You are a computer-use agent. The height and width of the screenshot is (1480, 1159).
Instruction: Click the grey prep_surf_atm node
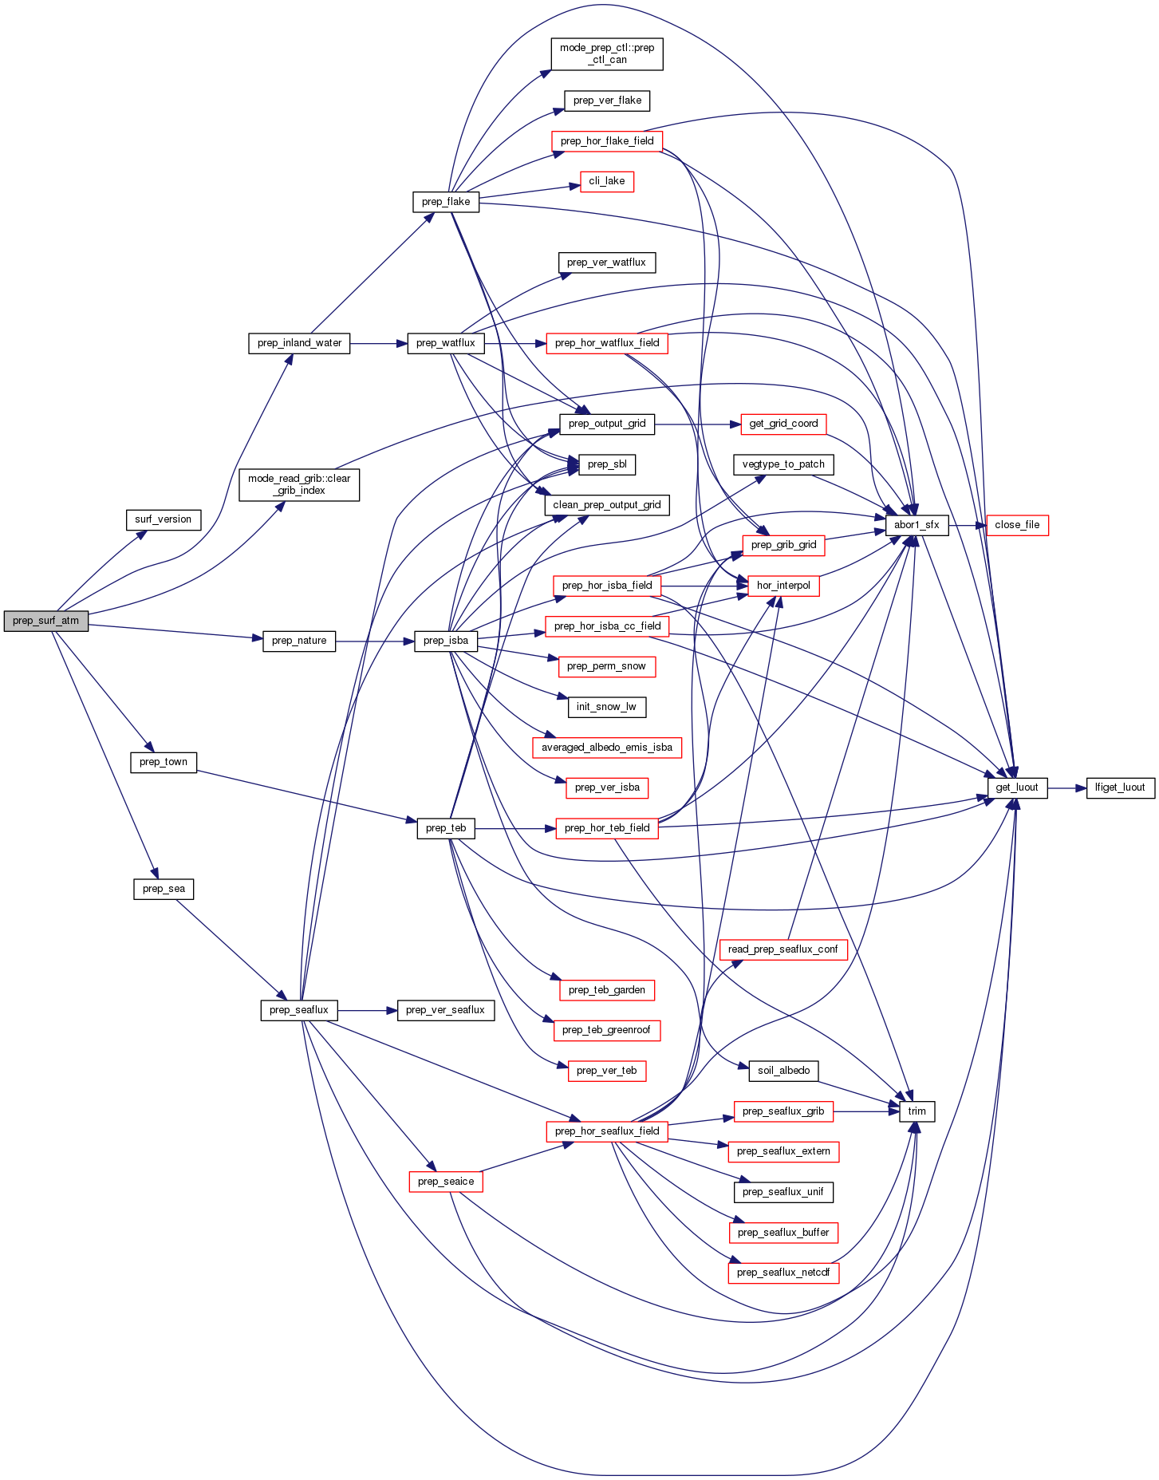(45, 621)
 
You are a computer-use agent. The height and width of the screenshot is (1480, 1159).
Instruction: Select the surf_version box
(163, 519)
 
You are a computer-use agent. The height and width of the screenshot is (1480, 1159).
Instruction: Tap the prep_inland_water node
(299, 343)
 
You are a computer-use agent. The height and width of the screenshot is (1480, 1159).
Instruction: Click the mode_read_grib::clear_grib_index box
(299, 484)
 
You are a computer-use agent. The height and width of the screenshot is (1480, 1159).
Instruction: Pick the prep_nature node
(299, 641)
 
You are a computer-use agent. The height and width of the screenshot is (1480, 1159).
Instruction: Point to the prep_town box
(163, 762)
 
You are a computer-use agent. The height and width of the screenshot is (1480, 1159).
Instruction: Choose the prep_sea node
(163, 889)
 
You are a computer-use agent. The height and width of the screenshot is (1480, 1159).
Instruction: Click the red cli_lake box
(606, 181)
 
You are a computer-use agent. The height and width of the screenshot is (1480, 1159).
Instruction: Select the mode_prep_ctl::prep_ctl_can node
(606, 53)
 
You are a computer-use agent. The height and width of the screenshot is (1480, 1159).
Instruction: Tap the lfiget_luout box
(1120, 787)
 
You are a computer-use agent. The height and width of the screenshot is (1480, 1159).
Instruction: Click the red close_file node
(1017, 525)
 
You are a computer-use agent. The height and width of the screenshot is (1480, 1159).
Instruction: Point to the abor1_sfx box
(917, 525)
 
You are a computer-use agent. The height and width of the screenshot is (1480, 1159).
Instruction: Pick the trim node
(917, 1111)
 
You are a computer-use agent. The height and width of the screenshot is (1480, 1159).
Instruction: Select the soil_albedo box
(783, 1071)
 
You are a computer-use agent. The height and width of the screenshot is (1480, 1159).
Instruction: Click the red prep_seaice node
(445, 1182)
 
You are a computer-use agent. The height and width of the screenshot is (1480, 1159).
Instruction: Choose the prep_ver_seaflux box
(445, 1010)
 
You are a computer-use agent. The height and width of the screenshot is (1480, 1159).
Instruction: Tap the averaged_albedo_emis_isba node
(606, 748)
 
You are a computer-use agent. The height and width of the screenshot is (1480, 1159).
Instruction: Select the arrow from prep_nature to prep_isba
(375, 641)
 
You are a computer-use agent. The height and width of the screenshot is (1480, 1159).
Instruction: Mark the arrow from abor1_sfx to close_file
(968, 525)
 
